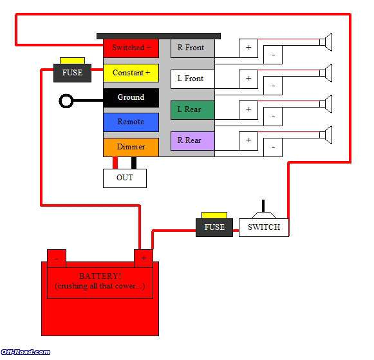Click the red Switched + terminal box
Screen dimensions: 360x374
click(x=131, y=48)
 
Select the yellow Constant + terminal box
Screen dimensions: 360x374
click(x=131, y=73)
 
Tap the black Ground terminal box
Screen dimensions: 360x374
click(x=131, y=97)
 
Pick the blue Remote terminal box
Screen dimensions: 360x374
click(x=131, y=122)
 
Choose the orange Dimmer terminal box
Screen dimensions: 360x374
click(x=131, y=147)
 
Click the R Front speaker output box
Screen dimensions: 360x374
click(x=192, y=48)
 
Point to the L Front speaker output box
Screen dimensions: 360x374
click(x=192, y=79)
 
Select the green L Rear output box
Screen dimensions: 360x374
click(x=192, y=109)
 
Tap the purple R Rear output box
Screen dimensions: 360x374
click(x=192, y=140)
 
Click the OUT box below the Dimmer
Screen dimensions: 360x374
click(x=125, y=178)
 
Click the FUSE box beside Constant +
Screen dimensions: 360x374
click(x=72, y=72)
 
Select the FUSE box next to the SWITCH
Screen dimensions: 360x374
click(x=214, y=227)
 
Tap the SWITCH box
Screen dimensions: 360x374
click(x=264, y=227)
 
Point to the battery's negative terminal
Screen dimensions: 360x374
click(x=57, y=258)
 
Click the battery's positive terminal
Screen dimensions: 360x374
click(x=143, y=258)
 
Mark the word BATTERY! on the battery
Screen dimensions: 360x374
click(x=101, y=276)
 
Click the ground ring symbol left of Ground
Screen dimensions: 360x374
click(x=66, y=100)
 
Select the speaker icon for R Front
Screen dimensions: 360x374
click(x=326, y=43)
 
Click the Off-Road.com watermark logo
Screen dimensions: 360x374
click(x=26, y=352)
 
